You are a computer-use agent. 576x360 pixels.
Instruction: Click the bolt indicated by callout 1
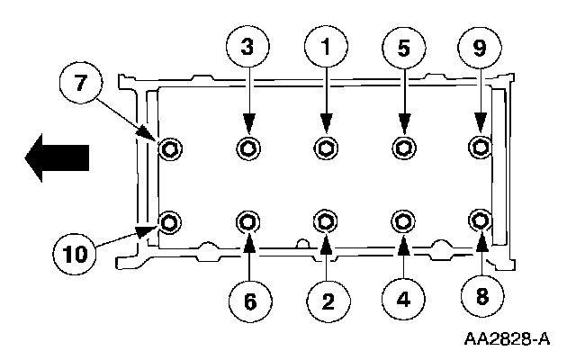pyautogui.click(x=325, y=148)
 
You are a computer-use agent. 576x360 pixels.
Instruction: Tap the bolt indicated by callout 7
pyautogui.click(x=168, y=148)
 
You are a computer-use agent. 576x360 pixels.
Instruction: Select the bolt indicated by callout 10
pyautogui.click(x=168, y=220)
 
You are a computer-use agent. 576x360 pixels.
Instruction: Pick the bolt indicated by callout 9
pyautogui.click(x=481, y=147)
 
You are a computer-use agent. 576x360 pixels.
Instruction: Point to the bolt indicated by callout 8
pyautogui.click(x=481, y=220)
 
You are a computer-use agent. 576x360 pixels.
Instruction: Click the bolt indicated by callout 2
pyautogui.click(x=325, y=220)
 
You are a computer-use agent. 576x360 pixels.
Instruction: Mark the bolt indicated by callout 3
pyautogui.click(x=247, y=148)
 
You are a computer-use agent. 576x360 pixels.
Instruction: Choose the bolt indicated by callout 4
pyautogui.click(x=403, y=220)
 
